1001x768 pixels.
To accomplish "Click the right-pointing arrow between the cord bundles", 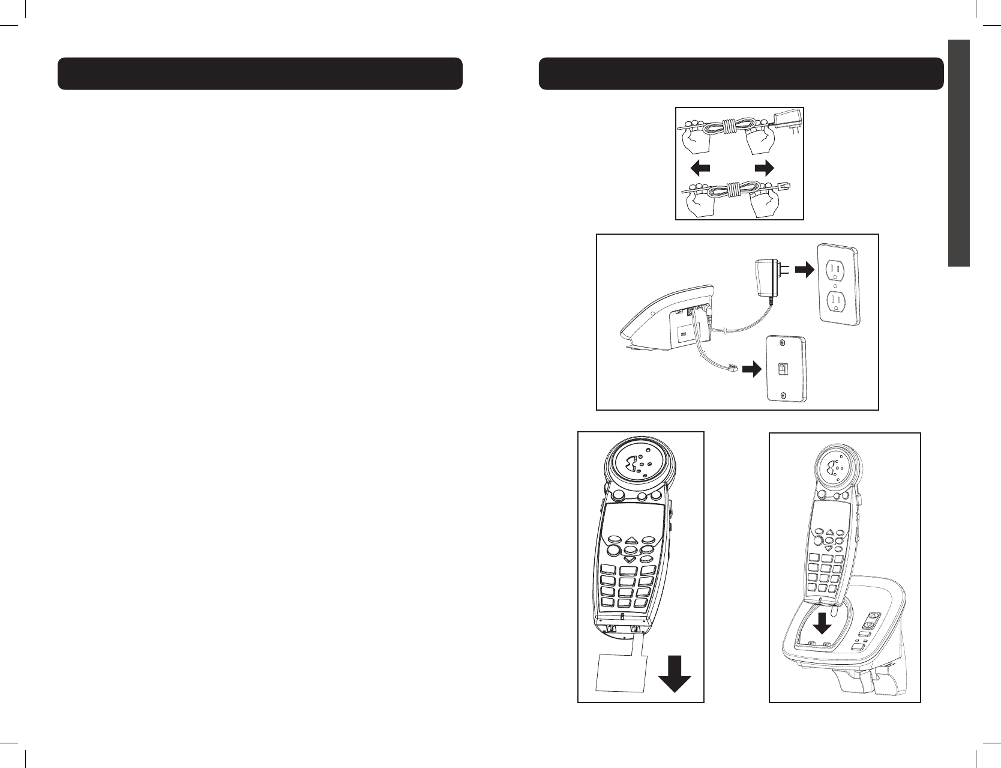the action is (764, 168).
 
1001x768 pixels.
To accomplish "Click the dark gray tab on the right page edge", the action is (959, 153).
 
